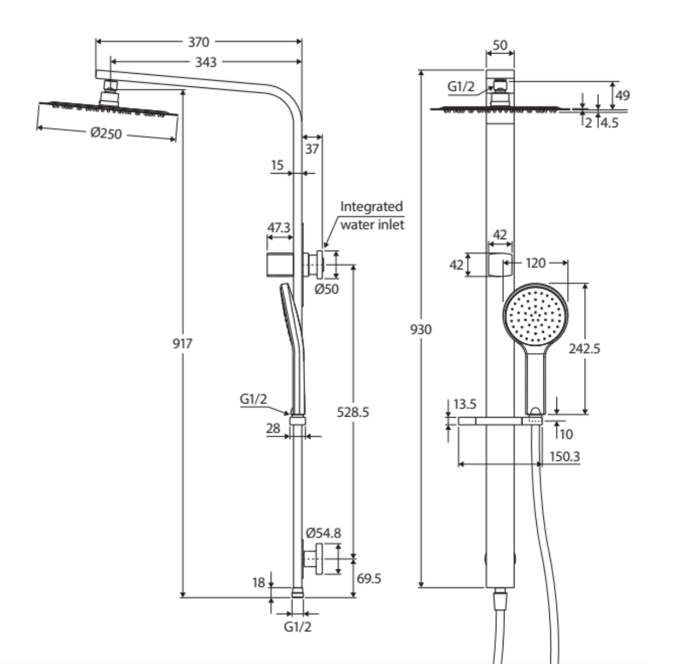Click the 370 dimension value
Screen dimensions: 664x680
pos(198,42)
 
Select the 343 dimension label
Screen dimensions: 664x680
pos(206,62)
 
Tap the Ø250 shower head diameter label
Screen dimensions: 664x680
pos(106,133)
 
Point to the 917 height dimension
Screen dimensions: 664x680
pos(182,343)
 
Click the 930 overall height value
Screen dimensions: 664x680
pos(421,329)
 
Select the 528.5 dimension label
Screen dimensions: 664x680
pos(353,412)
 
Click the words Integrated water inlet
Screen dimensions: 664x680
pos(372,215)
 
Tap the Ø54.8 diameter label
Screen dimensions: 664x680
pos(324,533)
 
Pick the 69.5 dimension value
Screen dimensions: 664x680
pos(369,578)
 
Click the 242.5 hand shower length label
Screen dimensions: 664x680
pos(584,349)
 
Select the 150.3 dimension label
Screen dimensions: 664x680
pos(564,456)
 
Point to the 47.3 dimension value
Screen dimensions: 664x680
pos(279,228)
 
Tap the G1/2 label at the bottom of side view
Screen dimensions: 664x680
pos(297,627)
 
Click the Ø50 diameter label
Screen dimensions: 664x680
pos(327,289)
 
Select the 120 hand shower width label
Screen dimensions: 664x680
pos(536,262)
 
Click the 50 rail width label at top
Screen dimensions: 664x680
pos(500,45)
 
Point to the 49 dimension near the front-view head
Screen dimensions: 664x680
pos(622,95)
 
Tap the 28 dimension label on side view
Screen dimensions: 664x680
pos(273,428)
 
